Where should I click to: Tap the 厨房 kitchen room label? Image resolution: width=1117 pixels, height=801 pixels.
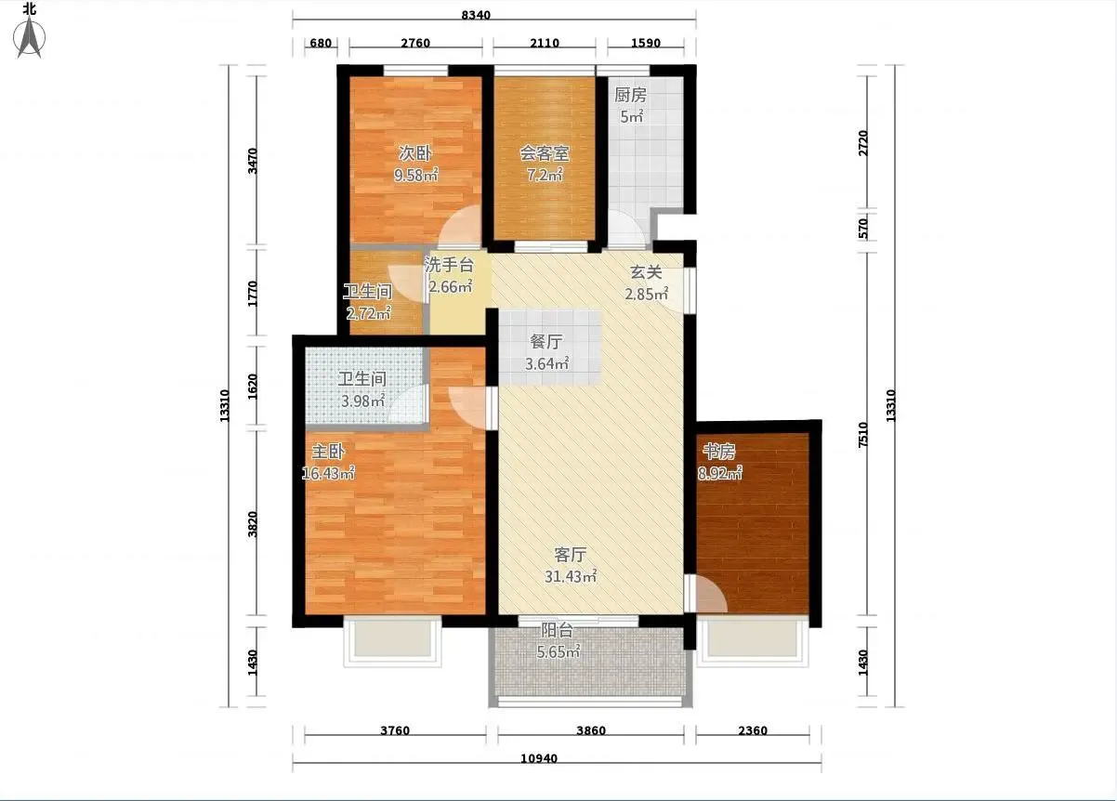pos(630,95)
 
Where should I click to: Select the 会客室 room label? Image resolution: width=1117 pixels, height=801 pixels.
pos(544,153)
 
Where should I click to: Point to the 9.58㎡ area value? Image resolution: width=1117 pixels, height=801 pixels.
pos(416,175)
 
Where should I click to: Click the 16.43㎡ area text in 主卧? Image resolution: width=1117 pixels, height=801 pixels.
pos(328,473)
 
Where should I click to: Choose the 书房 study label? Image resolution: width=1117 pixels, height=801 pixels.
pos(719,452)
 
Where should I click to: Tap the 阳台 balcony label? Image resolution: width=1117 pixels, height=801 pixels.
pos(557,630)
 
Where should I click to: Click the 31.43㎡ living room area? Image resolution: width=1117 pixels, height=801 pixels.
pos(571,577)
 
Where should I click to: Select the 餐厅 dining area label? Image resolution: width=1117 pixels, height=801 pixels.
pos(546,342)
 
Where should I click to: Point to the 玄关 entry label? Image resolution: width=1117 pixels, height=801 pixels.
pos(646,272)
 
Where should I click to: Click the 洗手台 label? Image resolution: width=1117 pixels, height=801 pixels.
pos(448,265)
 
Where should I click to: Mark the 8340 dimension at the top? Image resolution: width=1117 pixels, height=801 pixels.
pos(476,15)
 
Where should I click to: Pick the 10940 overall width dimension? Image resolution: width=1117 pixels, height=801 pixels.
pos(539,758)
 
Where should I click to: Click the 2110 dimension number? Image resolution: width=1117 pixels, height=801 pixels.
pos(545,43)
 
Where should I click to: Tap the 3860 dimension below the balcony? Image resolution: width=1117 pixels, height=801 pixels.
pos(591,730)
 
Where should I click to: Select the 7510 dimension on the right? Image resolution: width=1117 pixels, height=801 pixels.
pos(863,434)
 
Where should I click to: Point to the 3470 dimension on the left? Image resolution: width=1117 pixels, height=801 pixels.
pos(253,161)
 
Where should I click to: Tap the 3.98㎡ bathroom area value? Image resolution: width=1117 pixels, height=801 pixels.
pos(363,400)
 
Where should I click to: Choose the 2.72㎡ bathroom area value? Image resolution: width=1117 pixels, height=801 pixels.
pos(369,313)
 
